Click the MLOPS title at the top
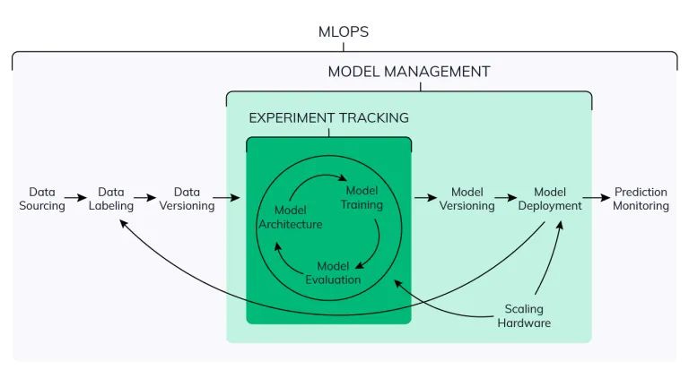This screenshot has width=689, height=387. coord(344,32)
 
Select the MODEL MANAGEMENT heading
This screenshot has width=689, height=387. coord(408,72)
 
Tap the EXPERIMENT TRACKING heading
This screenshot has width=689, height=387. coord(328,117)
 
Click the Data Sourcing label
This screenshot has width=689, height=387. coord(42,199)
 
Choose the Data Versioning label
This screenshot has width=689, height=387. coord(187,199)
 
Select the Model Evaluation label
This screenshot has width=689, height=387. coord(333,272)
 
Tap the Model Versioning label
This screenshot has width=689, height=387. coord(467,199)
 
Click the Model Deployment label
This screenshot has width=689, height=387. coord(550,199)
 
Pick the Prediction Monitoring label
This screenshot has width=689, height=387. coord(641,199)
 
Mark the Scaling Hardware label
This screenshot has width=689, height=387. coord(524,315)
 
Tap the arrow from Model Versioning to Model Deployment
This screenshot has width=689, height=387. coord(507,199)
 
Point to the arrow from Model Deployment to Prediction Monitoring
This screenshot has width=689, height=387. coord(596,199)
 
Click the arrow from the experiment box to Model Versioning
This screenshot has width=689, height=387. coord(425,199)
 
